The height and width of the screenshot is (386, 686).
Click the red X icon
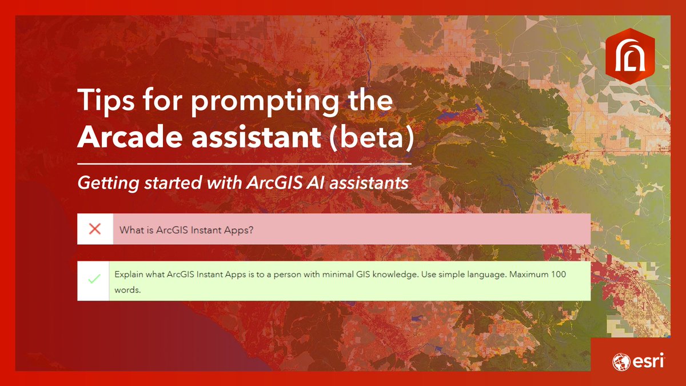click(x=95, y=229)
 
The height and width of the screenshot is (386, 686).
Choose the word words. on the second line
click(x=127, y=290)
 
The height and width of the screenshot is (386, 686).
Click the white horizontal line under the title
click(x=244, y=164)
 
